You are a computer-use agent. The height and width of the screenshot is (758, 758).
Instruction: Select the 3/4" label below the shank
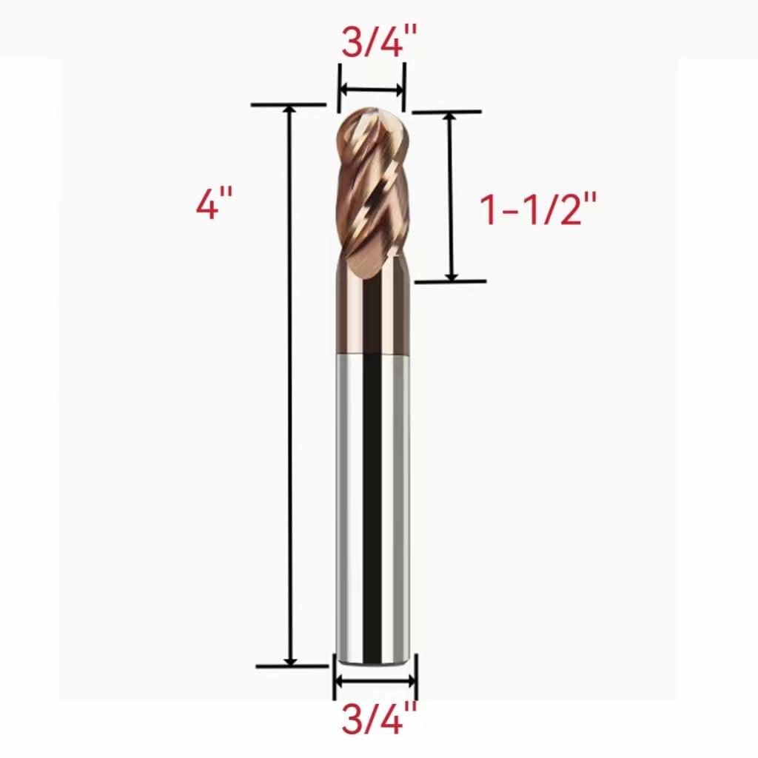click(374, 719)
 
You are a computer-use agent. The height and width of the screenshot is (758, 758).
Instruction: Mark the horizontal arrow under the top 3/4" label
click(372, 90)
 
